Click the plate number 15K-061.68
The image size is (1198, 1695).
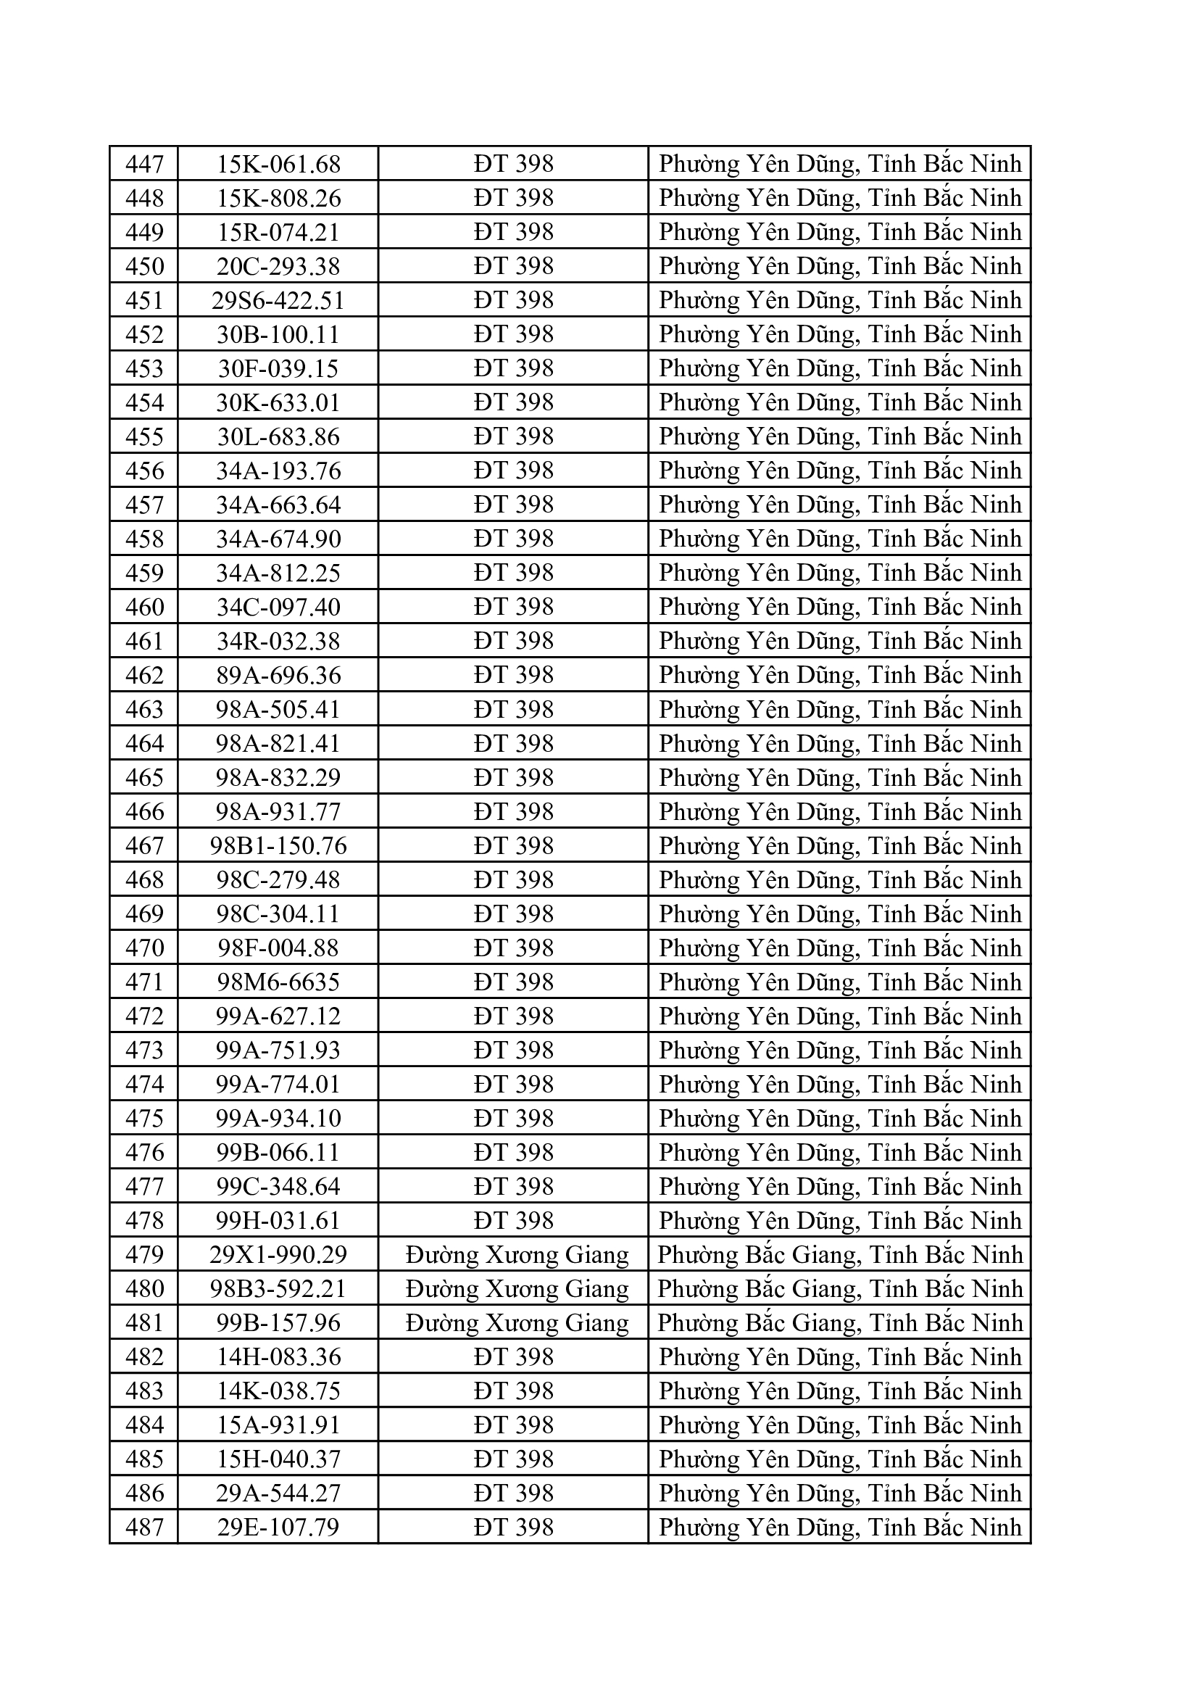(278, 164)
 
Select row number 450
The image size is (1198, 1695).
(144, 266)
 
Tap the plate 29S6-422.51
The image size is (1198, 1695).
(278, 300)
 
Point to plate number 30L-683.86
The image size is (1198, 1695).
(278, 437)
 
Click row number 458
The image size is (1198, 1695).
(144, 539)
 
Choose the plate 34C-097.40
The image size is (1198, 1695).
(278, 607)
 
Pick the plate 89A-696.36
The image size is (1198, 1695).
(278, 676)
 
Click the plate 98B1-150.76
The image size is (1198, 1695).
(278, 846)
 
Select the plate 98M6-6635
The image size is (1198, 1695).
(278, 982)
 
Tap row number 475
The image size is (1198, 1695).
(144, 1119)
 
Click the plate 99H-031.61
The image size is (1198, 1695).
(278, 1221)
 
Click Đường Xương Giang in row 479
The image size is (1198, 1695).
(517, 1255)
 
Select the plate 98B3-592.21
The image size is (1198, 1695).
(278, 1289)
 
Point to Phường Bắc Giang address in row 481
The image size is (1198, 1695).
(840, 1323)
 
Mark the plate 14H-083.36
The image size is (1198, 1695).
(278, 1357)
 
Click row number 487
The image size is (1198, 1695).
(144, 1528)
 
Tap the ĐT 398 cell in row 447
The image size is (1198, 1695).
(513, 164)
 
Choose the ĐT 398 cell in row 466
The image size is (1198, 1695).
(513, 812)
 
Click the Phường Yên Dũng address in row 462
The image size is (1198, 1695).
(840, 676)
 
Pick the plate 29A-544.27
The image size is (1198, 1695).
(278, 1493)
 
